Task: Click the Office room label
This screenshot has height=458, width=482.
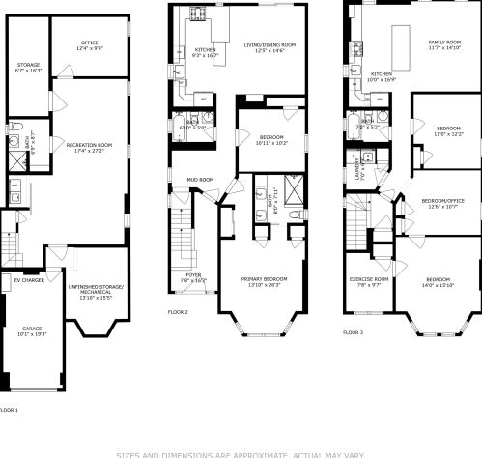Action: coord(90,43)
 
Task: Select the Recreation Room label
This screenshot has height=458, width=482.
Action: coord(90,145)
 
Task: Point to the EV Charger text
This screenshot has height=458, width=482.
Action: coord(29,280)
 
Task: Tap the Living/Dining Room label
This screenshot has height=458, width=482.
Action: coord(269,45)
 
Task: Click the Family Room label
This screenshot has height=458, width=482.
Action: coord(445,43)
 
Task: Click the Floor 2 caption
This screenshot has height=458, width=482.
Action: coord(178,312)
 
